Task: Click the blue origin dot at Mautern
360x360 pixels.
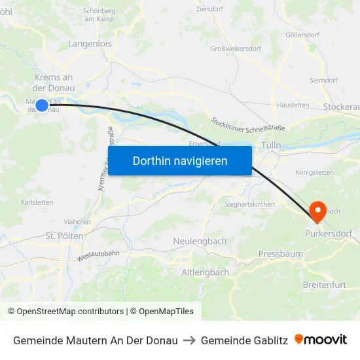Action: [x=42, y=105]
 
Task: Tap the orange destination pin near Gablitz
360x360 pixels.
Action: [x=318, y=211]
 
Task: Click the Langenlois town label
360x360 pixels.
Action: [x=90, y=44]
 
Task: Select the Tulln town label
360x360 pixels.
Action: [x=271, y=145]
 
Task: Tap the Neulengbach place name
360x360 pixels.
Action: [x=200, y=242]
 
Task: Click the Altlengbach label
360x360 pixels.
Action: [x=205, y=272]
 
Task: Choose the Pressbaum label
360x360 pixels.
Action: [x=280, y=253]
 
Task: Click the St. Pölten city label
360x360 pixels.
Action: [x=64, y=236]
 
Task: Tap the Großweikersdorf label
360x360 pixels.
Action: [x=236, y=48]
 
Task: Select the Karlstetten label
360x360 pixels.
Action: [x=37, y=202]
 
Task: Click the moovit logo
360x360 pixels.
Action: [x=321, y=340]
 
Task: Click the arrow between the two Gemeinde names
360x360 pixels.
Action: [x=189, y=340]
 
